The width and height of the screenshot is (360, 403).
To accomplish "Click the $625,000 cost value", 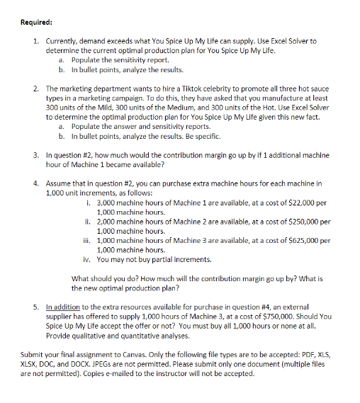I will point(300,240).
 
